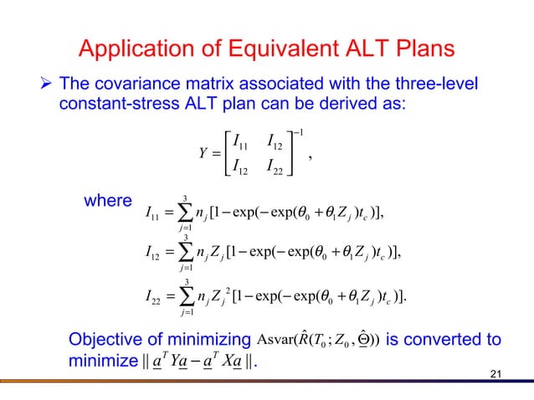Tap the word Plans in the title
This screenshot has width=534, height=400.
(x=423, y=49)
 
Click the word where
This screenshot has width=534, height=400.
(x=108, y=202)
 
